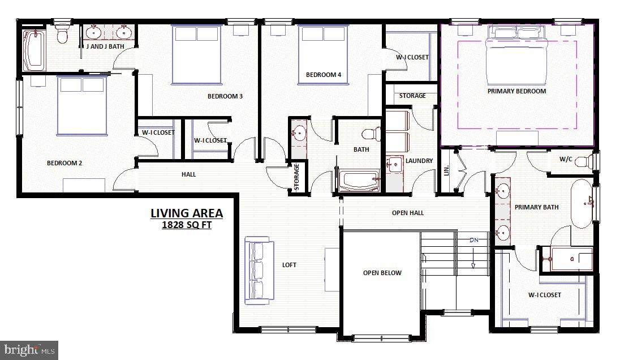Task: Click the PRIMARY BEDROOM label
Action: (516, 91)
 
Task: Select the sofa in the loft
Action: (259, 271)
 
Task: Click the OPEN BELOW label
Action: (382, 273)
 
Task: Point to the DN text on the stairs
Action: (474, 241)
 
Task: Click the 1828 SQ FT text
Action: (187, 225)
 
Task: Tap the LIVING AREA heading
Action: (187, 213)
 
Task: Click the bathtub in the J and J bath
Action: (34, 50)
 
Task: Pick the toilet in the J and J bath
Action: (63, 35)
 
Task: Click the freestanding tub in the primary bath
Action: (581, 204)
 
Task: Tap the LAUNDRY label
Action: (419, 161)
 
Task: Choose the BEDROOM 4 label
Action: (324, 75)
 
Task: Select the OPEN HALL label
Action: (407, 213)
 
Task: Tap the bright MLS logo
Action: (29, 350)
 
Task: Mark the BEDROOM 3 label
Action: (225, 96)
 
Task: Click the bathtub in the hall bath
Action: (359, 181)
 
